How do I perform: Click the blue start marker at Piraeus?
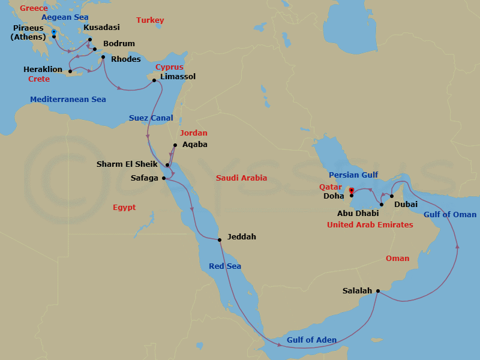point(54,32)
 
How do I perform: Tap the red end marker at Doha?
point(352,191)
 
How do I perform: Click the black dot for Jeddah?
point(220,240)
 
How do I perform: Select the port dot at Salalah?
point(377,291)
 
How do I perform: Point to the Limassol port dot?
point(154,80)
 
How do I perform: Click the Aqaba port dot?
point(175,145)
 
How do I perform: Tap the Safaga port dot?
point(163,178)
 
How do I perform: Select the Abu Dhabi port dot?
point(382,205)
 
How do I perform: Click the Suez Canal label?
point(151,118)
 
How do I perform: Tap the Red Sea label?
point(225,266)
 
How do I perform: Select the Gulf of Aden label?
point(311,340)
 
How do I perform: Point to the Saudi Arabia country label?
point(241,178)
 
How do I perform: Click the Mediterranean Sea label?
point(68,99)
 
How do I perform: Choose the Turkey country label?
point(150,20)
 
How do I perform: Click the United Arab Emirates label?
point(370,225)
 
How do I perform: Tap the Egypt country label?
point(124,208)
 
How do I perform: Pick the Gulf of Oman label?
point(450,215)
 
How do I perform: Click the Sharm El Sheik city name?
point(127,164)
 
